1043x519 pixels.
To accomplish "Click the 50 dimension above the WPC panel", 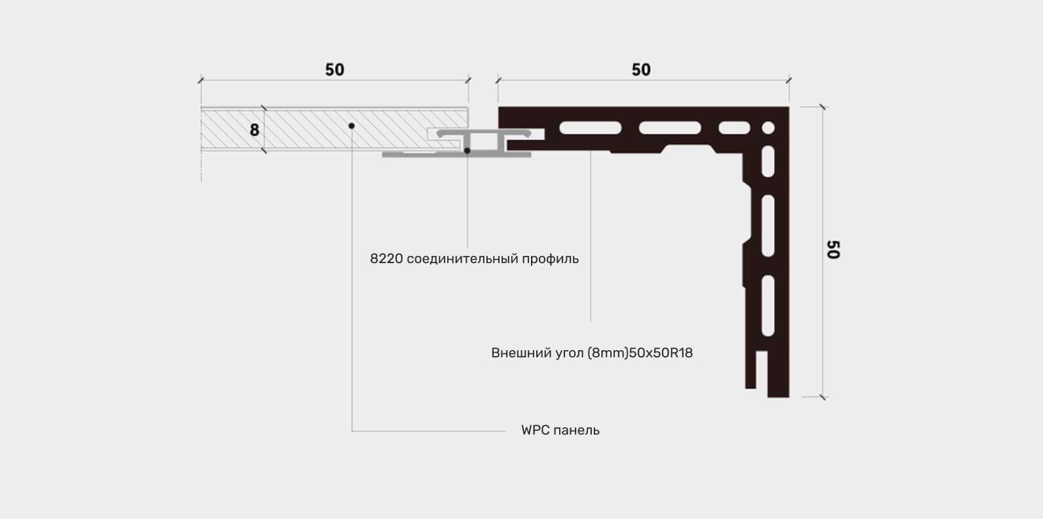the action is (335, 70).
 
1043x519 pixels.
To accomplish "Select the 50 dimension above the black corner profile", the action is (641, 70).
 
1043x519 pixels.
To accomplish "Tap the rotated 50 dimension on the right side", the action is (833, 249).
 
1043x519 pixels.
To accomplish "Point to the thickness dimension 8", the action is (254, 130).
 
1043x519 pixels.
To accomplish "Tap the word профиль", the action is (551, 259).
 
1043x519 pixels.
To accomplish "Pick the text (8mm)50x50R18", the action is (640, 353).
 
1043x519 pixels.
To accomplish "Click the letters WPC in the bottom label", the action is (534, 430).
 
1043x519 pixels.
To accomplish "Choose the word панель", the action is (576, 431).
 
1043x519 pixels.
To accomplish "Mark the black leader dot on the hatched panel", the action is (352, 126).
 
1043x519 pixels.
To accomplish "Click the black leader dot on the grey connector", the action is (467, 151).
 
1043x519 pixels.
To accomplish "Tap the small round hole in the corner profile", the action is (768, 128).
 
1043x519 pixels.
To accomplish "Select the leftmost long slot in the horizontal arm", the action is (591, 128).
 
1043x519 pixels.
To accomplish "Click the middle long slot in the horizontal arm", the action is (670, 128).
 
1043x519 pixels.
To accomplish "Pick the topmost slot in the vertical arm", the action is (768, 162).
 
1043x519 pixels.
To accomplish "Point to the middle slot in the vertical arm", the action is (768, 226).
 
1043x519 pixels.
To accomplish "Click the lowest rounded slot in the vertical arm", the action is (768, 306).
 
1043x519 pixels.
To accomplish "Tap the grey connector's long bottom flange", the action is (456, 154).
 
